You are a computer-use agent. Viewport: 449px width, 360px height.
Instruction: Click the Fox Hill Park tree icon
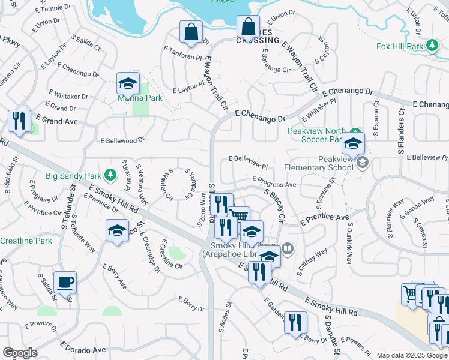click(432, 46)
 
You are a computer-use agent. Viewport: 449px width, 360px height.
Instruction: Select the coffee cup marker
click(65, 282)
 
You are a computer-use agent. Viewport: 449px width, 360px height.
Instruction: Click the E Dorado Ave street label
click(83, 348)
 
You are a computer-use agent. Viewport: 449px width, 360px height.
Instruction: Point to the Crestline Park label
click(25, 241)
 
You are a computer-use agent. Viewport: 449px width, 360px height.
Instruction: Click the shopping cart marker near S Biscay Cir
click(239, 216)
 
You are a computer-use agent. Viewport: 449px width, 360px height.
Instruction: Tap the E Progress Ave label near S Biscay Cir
click(274, 181)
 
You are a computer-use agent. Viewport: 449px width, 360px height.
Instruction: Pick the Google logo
click(20, 353)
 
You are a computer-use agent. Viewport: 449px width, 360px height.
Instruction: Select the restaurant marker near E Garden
click(295, 322)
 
